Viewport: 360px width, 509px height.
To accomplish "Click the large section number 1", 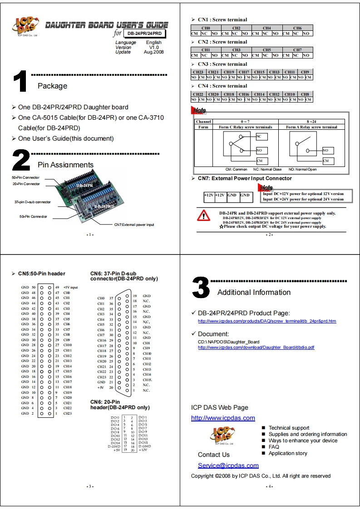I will (x=20, y=83).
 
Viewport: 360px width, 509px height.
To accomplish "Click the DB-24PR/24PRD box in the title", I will (x=144, y=34).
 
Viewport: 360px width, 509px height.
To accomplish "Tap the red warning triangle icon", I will (x=203, y=215).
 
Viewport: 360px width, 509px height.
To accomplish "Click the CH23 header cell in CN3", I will (x=198, y=72).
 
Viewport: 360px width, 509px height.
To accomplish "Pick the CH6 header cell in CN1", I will (x=297, y=28).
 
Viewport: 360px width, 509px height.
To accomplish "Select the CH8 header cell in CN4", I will (x=305, y=94).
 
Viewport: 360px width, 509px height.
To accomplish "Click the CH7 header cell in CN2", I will (x=297, y=50).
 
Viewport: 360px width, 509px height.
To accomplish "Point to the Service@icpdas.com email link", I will (x=228, y=465).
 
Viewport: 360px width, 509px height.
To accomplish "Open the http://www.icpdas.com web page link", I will (x=223, y=418).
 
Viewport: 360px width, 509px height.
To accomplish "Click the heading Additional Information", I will (x=254, y=292).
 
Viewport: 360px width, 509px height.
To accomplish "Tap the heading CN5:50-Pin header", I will (x=41, y=274).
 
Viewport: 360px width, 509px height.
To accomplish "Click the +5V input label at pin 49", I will (x=70, y=287).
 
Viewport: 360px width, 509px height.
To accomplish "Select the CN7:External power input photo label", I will (x=134, y=225).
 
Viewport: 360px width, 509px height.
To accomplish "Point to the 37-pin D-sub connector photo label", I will (x=32, y=202).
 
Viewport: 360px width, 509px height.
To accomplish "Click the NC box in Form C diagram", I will (x=262, y=136).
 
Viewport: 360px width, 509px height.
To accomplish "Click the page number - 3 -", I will (x=90, y=487).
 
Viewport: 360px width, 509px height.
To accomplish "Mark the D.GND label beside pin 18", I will (x=144, y=446).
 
